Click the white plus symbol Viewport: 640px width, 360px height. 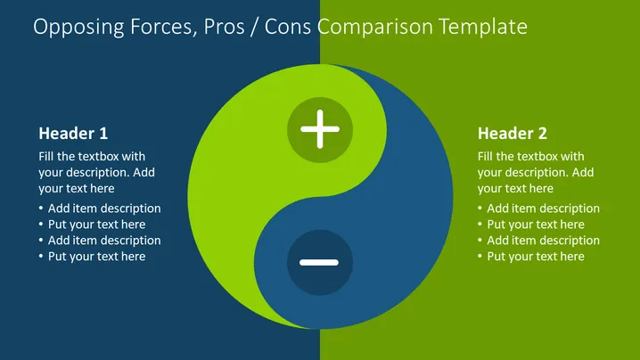320,129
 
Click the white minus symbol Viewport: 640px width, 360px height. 319,263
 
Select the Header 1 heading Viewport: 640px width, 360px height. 73,134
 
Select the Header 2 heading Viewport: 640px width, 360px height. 513,134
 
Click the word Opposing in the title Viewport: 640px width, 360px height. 79,27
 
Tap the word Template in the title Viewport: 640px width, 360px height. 483,27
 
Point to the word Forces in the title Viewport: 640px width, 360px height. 164,27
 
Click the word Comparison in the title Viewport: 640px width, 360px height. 375,27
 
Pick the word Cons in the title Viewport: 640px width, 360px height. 288,27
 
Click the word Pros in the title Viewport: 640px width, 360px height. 224,27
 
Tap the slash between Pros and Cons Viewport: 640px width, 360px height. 255,27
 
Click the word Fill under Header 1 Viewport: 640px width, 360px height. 46,156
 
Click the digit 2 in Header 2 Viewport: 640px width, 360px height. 542,134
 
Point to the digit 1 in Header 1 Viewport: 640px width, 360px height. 103,134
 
